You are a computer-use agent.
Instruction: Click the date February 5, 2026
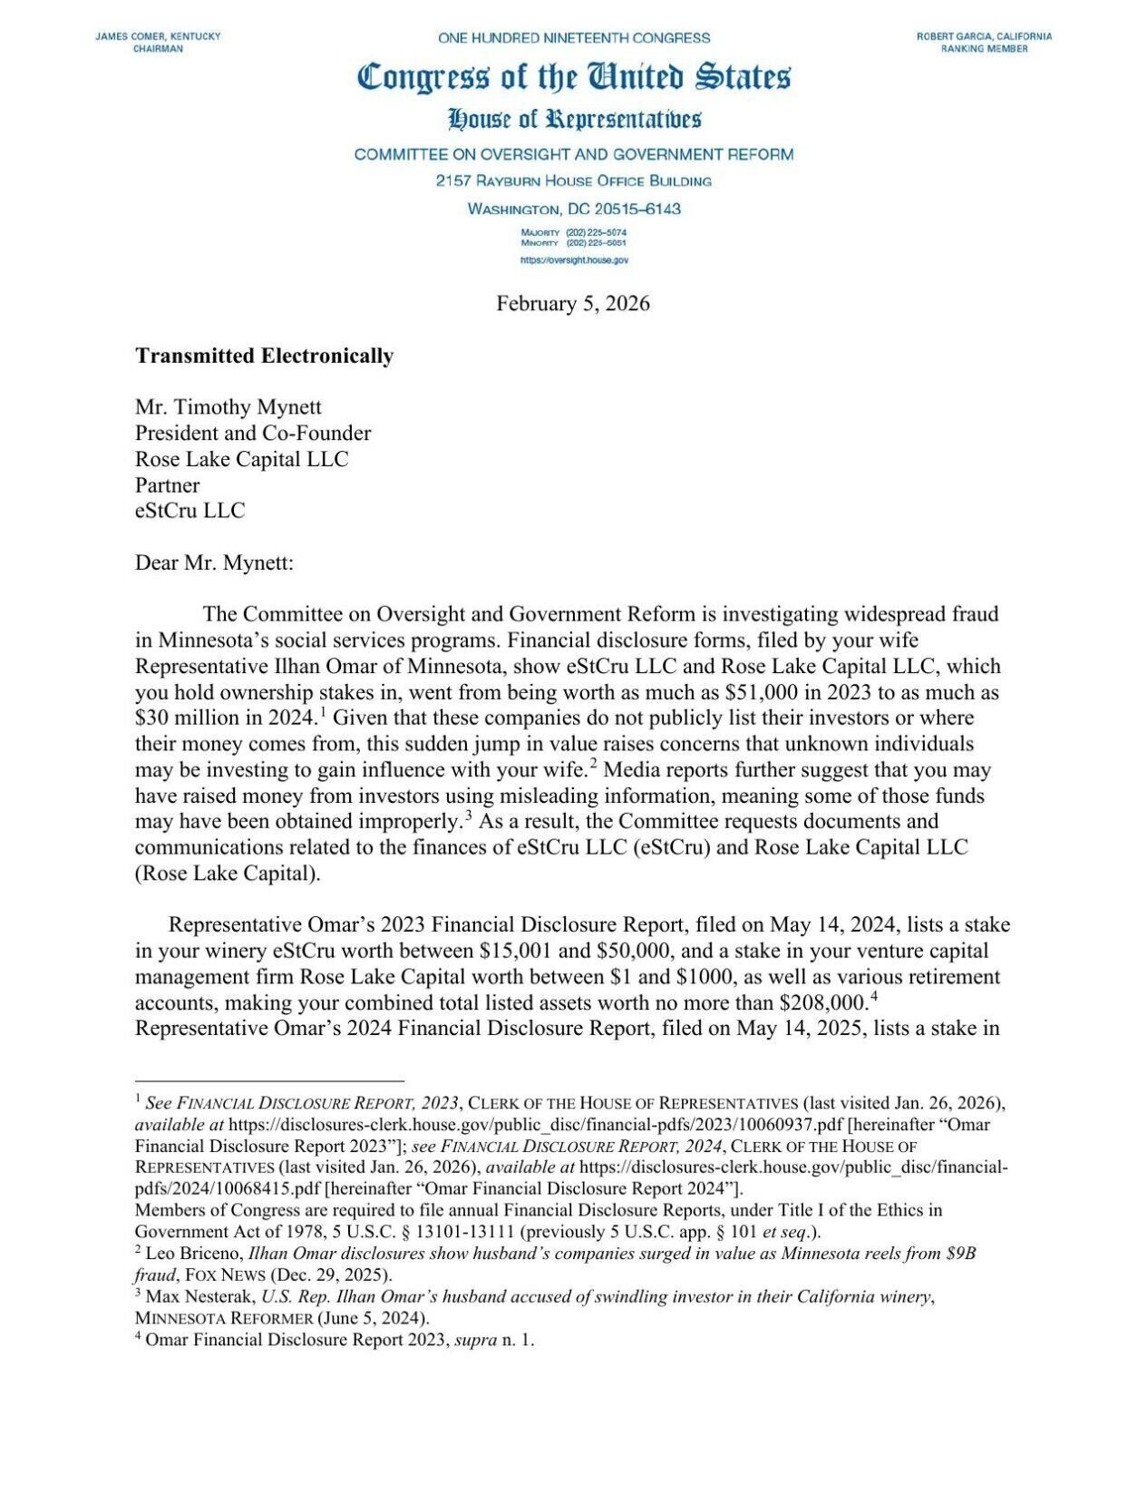point(572,303)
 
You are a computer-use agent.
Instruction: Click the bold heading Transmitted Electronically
point(264,356)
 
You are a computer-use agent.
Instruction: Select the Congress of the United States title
point(573,77)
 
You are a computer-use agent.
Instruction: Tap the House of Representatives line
point(573,119)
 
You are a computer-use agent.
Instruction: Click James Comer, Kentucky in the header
point(158,36)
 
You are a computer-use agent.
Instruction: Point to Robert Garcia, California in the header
point(984,36)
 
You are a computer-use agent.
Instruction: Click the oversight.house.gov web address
point(574,260)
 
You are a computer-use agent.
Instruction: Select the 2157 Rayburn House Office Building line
point(573,181)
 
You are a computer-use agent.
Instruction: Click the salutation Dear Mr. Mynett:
point(214,562)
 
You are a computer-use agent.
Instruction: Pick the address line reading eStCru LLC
point(190,511)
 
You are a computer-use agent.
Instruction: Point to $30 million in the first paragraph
point(180,718)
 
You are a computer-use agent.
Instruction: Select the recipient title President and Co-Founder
point(252,433)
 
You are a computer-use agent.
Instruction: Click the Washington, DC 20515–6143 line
point(573,209)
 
